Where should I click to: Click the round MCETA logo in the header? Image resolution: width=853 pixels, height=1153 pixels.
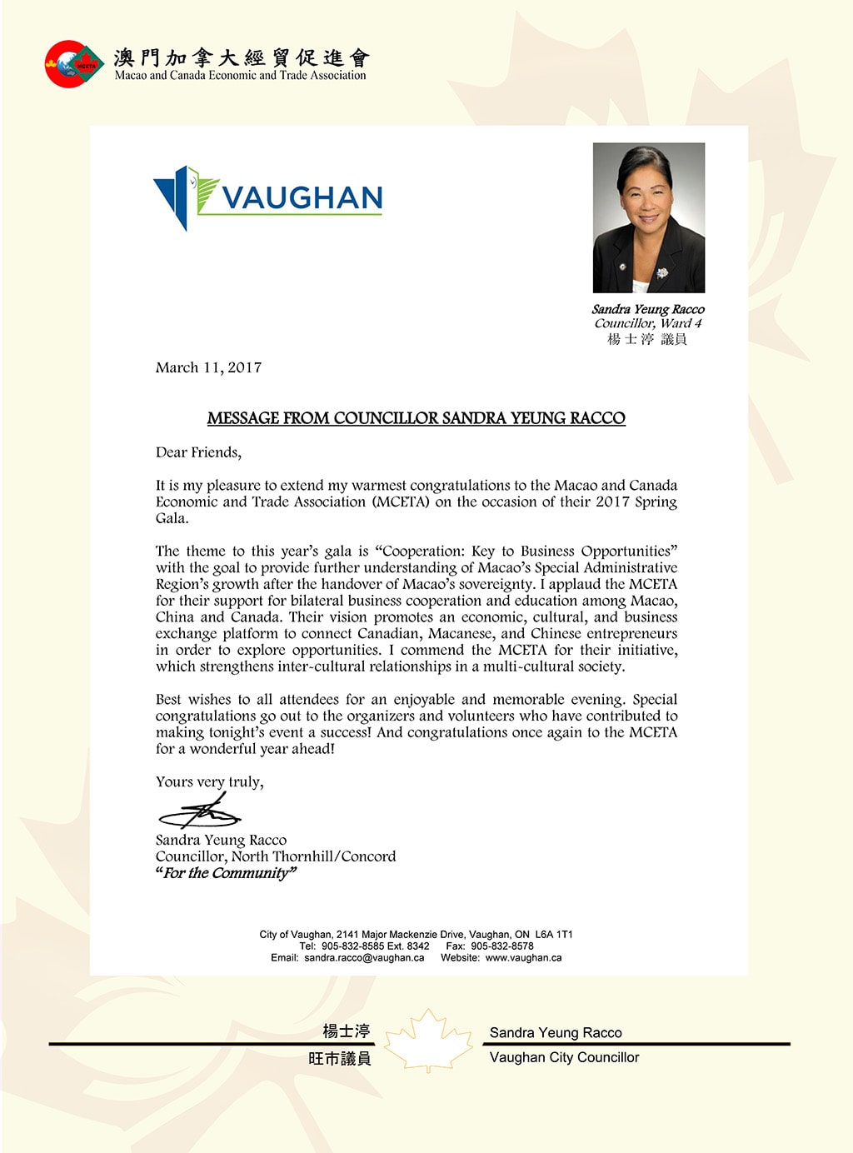pyautogui.click(x=74, y=64)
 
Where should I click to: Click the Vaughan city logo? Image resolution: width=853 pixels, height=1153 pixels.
pyautogui.click(x=267, y=198)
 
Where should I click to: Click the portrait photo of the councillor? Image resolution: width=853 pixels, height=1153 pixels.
pyautogui.click(x=648, y=217)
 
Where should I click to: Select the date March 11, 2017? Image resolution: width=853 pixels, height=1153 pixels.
pyautogui.click(x=208, y=367)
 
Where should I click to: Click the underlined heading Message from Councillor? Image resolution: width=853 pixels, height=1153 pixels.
pyautogui.click(x=416, y=418)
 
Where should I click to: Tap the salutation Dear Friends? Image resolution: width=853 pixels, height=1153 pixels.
pyautogui.click(x=198, y=452)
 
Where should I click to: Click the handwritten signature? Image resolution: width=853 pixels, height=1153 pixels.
pyautogui.click(x=200, y=811)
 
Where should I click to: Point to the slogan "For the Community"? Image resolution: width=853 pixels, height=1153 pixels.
pyautogui.click(x=226, y=873)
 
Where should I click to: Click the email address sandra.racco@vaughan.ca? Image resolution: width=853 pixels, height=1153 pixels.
pyautogui.click(x=364, y=958)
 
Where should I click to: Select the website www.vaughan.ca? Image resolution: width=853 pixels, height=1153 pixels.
pyautogui.click(x=523, y=958)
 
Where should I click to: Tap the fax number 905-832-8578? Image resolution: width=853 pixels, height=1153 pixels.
pyautogui.click(x=501, y=946)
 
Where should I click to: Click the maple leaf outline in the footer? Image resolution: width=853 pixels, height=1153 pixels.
pyautogui.click(x=428, y=1041)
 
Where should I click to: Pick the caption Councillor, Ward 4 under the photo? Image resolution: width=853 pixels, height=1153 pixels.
pyautogui.click(x=648, y=323)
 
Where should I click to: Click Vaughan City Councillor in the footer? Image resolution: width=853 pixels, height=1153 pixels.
pyautogui.click(x=564, y=1057)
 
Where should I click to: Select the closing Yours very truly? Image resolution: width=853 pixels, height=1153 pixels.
pyautogui.click(x=209, y=781)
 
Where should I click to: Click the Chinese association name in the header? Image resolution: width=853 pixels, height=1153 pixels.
pyautogui.click(x=242, y=57)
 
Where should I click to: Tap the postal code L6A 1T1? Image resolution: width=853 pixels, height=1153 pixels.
pyautogui.click(x=554, y=935)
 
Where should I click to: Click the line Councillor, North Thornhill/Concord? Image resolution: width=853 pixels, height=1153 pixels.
pyautogui.click(x=276, y=856)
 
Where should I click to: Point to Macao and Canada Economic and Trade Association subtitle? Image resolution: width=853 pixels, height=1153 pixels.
pyautogui.click(x=240, y=75)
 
